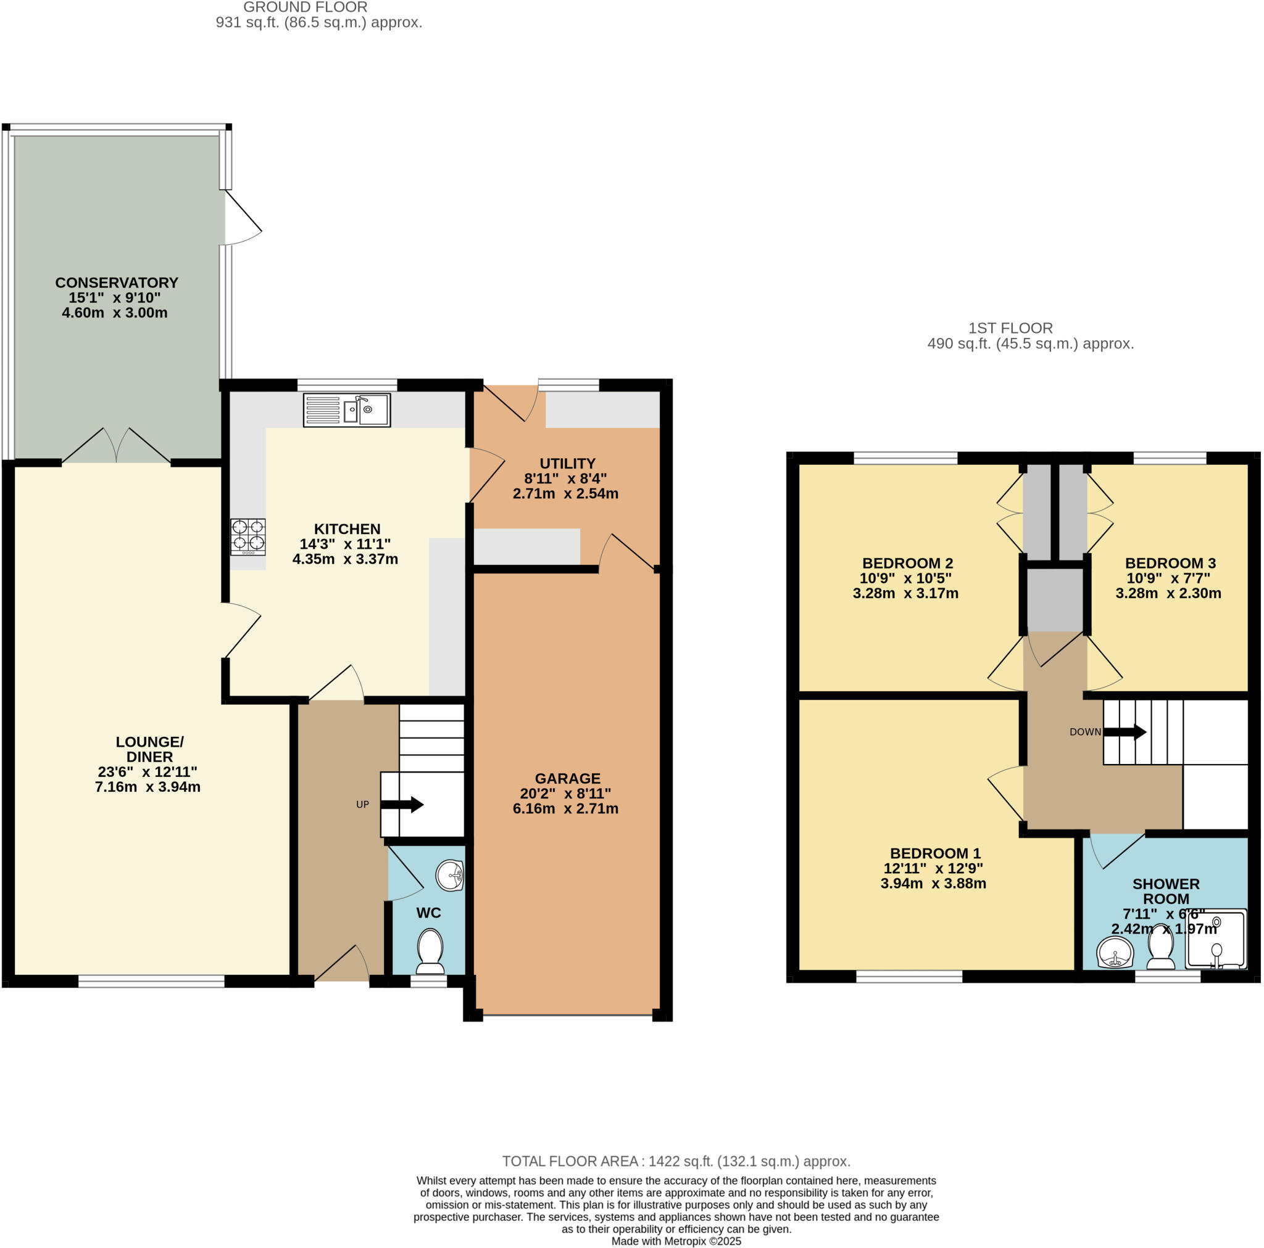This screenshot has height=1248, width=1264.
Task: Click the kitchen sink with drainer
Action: pos(347,410)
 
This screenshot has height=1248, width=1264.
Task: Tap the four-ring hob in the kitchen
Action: pos(248,536)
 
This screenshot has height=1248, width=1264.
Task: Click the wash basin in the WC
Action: pos(450,876)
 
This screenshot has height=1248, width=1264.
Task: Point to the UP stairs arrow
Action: pos(402,804)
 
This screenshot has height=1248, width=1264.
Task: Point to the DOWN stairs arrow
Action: pos(1124,731)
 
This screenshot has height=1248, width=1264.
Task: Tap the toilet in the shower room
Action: pos(1161,947)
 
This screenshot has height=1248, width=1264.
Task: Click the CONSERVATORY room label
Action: pos(117,282)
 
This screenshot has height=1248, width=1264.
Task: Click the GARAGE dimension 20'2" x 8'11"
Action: pos(565,793)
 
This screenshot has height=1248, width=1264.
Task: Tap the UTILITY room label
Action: pos(567,463)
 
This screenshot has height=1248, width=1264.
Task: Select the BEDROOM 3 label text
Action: pos(1170,563)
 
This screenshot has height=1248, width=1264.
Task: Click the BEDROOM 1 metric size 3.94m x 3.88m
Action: pos(933,883)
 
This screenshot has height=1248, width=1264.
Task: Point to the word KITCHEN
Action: pos(347,528)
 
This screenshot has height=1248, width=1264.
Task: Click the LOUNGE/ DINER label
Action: pos(149,749)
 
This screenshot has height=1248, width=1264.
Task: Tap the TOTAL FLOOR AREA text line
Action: pos(676,1161)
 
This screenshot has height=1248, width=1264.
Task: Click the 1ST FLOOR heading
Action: pos(1010,327)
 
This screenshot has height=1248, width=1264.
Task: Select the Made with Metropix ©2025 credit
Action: pos(676,1241)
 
